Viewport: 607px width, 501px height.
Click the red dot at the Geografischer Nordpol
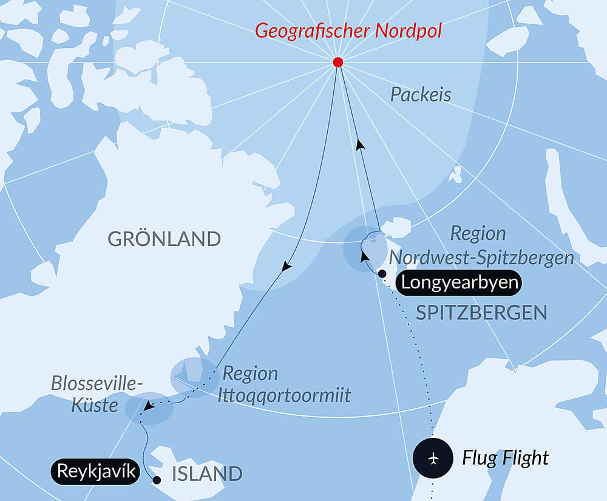(x=338, y=63)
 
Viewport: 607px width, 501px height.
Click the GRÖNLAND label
(x=164, y=239)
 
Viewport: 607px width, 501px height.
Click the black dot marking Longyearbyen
(x=382, y=274)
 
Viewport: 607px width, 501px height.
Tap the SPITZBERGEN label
(x=481, y=313)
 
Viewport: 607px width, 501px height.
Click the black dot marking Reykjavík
(x=157, y=480)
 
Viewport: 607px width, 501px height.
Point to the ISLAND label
(x=207, y=474)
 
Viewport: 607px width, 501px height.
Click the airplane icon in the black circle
(x=433, y=457)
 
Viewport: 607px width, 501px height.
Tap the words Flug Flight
(x=505, y=458)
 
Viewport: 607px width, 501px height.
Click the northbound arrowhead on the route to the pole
(x=361, y=145)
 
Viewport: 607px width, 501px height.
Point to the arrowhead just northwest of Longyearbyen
(x=364, y=257)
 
